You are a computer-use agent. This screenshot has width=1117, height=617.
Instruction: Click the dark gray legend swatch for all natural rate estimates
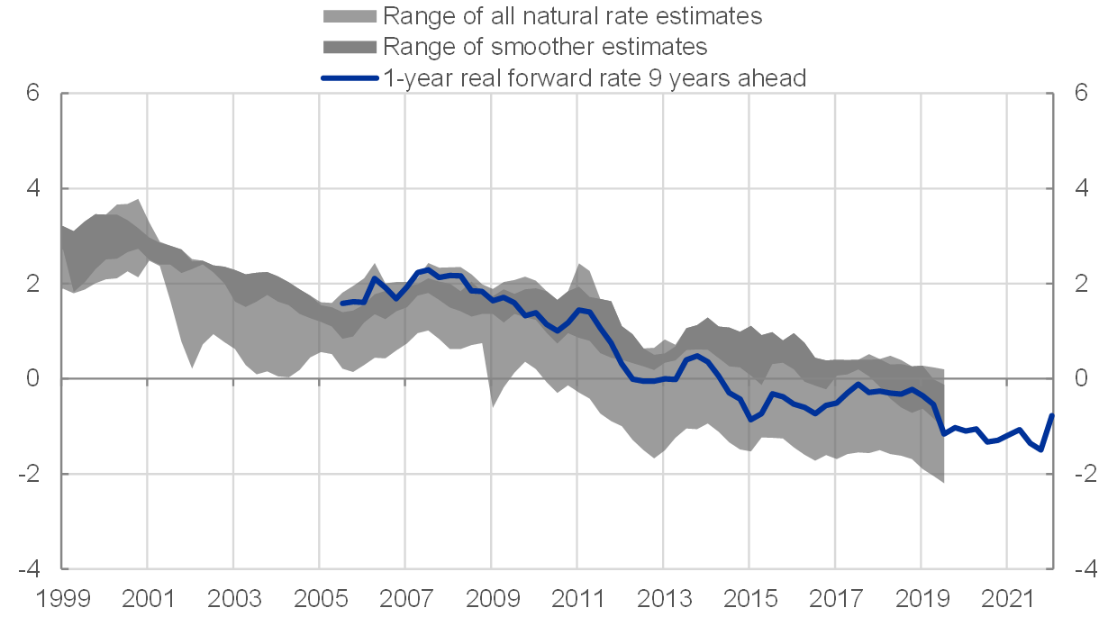click(x=350, y=15)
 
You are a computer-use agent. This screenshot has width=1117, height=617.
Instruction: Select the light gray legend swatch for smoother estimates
click(x=350, y=46)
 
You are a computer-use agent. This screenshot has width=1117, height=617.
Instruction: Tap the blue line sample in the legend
click(x=350, y=77)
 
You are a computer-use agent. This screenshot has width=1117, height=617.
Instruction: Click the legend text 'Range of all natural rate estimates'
click(x=572, y=15)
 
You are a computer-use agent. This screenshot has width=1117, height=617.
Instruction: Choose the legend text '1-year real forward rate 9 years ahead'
click(x=594, y=77)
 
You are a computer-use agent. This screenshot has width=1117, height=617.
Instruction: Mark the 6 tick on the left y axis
click(x=33, y=94)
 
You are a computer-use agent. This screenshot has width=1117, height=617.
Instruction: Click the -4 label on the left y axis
click(x=29, y=569)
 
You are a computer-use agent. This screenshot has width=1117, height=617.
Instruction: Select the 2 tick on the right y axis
click(x=1081, y=284)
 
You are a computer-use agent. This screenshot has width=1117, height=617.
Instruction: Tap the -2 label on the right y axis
click(x=1085, y=474)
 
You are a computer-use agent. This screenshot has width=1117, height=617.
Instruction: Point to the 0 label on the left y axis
click(x=33, y=379)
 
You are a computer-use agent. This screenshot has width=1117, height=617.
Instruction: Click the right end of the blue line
click(x=1051, y=414)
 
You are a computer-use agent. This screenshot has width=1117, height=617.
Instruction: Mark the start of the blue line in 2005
click(x=341, y=304)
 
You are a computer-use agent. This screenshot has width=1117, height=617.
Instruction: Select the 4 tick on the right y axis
click(x=1081, y=189)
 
